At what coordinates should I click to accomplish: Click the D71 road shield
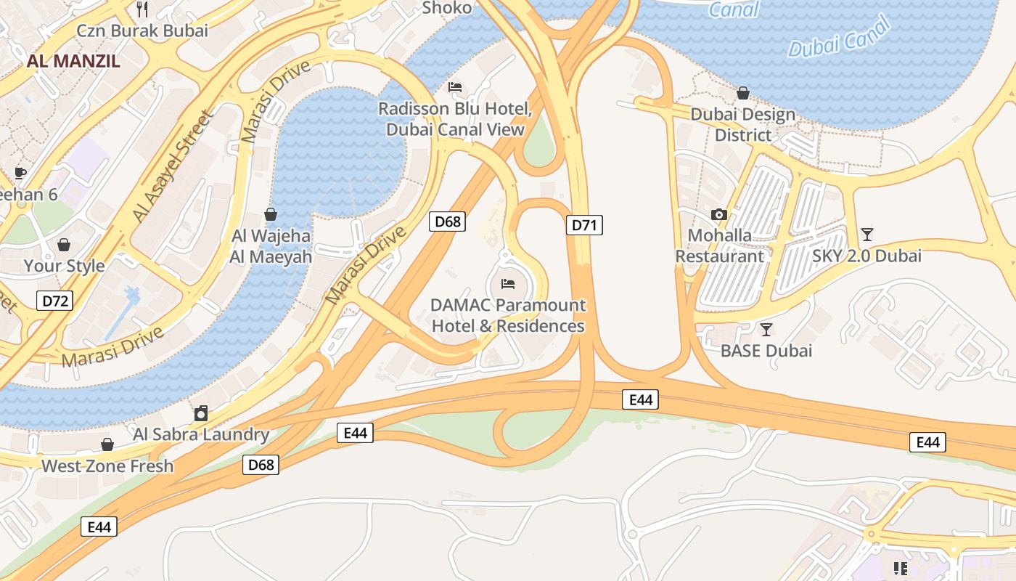click(584, 225)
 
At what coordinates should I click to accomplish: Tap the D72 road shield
click(55, 300)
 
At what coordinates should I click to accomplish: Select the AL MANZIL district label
click(73, 61)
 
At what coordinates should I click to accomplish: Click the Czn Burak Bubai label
click(142, 31)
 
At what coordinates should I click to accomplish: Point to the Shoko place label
click(446, 8)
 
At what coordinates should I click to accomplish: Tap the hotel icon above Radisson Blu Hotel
click(455, 87)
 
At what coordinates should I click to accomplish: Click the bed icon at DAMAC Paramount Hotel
click(508, 283)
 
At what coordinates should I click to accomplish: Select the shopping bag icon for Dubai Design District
click(742, 93)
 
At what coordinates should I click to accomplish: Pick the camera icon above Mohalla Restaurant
click(719, 214)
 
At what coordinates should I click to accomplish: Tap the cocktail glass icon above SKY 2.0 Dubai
click(867, 234)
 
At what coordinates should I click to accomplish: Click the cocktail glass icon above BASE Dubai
click(766, 329)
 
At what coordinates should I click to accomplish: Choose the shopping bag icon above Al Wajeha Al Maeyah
click(271, 214)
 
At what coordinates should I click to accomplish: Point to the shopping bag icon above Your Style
click(64, 245)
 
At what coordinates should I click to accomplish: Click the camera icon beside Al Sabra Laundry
click(201, 413)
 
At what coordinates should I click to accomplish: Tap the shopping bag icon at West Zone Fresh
click(107, 444)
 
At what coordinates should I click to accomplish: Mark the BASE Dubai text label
click(766, 351)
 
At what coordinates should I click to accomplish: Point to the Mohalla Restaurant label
click(719, 245)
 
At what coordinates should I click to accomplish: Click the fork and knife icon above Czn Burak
click(142, 9)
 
